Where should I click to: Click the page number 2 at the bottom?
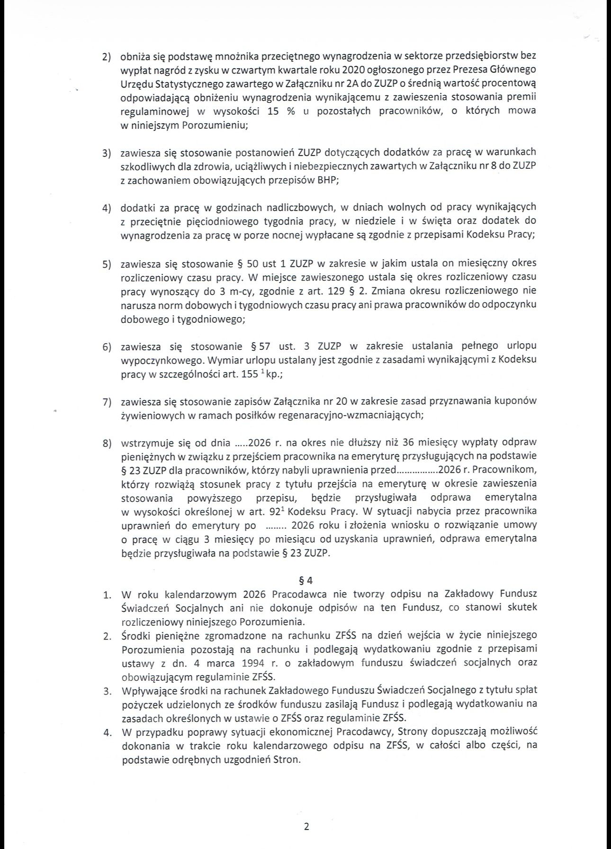pos(306,827)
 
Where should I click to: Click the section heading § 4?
pos(306,580)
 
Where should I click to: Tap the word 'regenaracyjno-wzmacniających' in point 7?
pos(364,415)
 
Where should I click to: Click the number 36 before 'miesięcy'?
pos(408,443)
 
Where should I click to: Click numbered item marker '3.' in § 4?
pos(108,691)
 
